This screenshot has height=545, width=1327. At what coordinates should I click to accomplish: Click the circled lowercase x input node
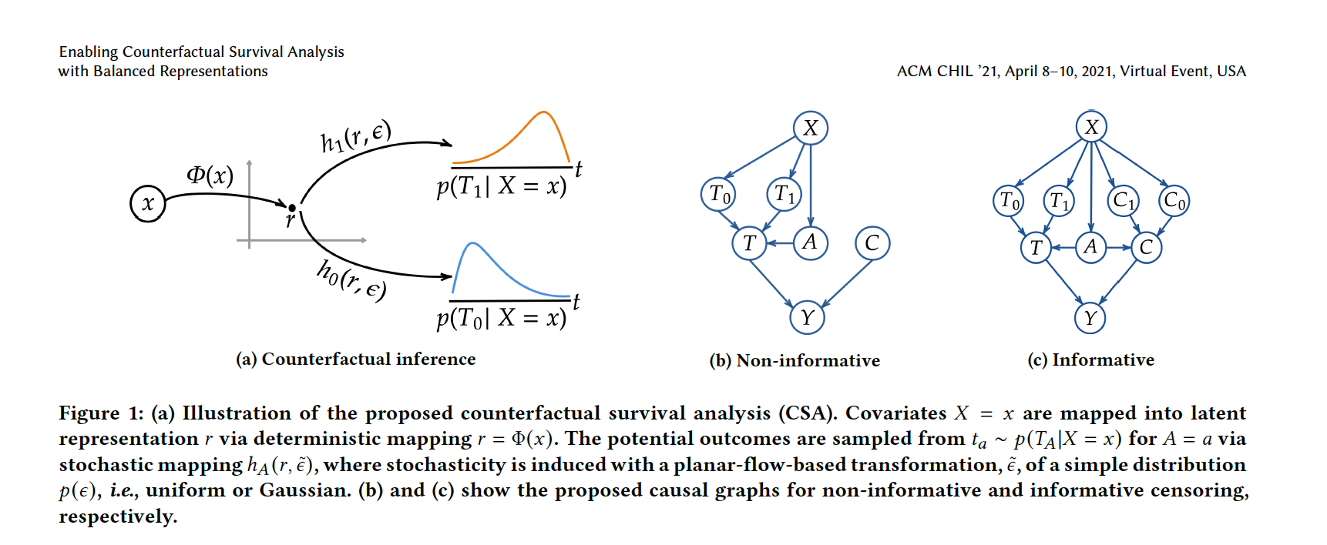pos(148,203)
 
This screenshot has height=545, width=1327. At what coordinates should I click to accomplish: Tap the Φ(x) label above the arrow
pos(210,176)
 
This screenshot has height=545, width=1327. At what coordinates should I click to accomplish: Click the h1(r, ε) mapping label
pos(356,137)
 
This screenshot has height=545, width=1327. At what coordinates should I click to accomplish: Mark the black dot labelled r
pos(292,208)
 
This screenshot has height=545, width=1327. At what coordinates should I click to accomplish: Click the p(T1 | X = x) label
pos(502,186)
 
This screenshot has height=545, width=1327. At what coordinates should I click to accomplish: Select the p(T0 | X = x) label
pos(502,318)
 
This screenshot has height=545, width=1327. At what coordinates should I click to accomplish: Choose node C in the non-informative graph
pos(872,243)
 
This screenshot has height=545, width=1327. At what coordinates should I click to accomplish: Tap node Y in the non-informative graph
pos(807,317)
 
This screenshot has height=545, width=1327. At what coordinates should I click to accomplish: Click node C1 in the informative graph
pos(1124,201)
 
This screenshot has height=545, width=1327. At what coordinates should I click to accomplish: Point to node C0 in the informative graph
pos(1174,201)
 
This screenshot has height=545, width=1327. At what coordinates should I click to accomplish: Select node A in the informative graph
pos(1090,247)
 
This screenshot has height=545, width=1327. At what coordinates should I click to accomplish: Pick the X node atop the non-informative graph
pos(811,128)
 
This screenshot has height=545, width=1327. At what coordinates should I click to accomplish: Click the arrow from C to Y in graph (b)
pos(846,284)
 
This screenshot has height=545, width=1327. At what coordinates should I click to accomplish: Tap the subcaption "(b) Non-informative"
pos(795,360)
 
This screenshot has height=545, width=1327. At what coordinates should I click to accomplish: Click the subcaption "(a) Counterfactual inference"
pos(356,359)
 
